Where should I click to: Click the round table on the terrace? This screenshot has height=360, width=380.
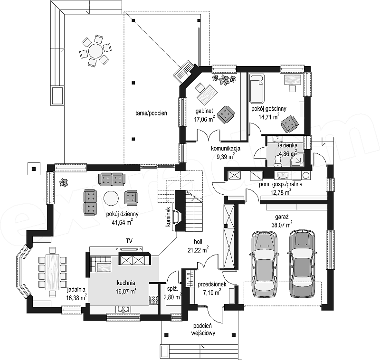(95, 51)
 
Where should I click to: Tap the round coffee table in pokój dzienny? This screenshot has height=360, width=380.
(111, 198)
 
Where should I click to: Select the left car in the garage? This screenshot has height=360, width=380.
(264, 264)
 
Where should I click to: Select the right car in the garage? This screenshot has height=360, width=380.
(303, 264)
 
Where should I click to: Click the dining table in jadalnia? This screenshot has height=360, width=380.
(53, 272)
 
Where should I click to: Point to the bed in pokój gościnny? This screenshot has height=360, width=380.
(257, 89)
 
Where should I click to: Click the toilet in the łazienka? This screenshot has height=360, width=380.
(277, 161)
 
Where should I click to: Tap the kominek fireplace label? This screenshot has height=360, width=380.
(168, 217)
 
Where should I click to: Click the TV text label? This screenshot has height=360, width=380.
(129, 241)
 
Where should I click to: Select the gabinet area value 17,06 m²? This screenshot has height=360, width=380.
(204, 119)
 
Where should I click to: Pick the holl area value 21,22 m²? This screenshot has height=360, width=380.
(198, 249)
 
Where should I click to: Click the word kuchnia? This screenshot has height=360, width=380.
(126, 283)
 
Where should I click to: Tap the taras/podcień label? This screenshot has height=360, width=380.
(151, 113)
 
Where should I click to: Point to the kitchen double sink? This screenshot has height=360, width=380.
(123, 309)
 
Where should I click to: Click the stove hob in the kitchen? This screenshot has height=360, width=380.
(153, 300)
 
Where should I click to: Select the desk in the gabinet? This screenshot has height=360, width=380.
(207, 94)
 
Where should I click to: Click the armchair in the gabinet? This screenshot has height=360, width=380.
(226, 114)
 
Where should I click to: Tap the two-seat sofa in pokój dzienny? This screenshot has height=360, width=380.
(112, 179)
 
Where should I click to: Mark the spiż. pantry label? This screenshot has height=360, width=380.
(172, 289)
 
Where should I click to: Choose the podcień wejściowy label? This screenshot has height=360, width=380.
(203, 330)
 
